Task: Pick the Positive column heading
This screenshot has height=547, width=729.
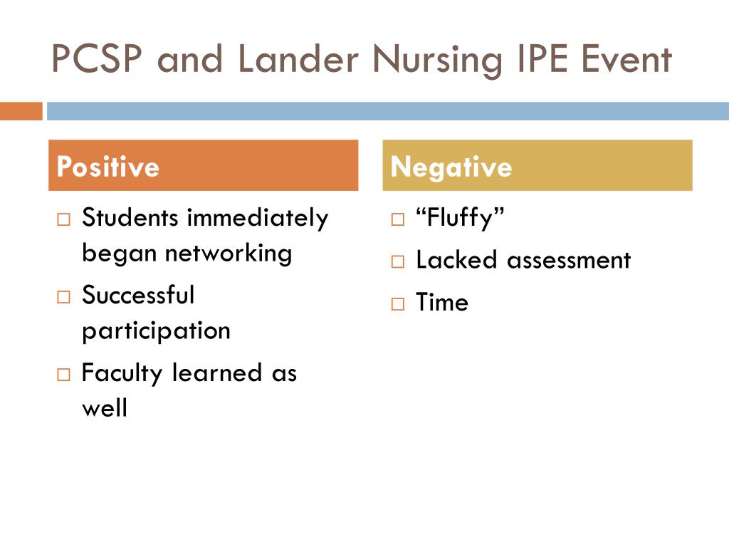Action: [107, 167]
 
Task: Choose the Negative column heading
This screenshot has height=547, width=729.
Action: [451, 167]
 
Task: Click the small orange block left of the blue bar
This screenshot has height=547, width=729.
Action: [21, 112]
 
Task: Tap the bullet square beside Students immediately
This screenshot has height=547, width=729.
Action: [63, 219]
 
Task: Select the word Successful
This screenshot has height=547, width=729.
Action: [138, 295]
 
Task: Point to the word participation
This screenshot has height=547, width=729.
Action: [156, 330]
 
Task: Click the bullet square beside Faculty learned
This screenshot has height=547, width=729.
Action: [63, 374]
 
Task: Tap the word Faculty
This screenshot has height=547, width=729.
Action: [122, 373]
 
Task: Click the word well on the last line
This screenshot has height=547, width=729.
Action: [105, 409]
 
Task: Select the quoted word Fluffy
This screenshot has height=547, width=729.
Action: [460, 218]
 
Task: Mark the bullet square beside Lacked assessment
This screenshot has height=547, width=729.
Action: [397, 261]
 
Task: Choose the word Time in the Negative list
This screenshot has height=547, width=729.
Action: [442, 303]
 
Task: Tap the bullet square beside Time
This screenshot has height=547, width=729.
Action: [397, 304]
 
